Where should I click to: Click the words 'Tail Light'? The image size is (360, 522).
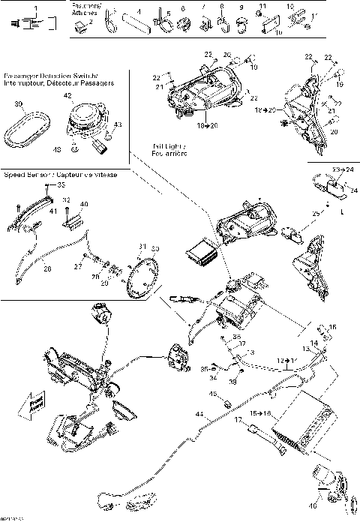click(166, 147)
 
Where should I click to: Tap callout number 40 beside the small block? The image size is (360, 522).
click(83, 204)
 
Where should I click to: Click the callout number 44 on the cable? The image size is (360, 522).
click(199, 413)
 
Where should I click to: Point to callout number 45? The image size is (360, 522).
click(212, 394)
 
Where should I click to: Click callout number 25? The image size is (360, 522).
click(315, 213)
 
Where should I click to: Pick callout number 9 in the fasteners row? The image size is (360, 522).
click(241, 7)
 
